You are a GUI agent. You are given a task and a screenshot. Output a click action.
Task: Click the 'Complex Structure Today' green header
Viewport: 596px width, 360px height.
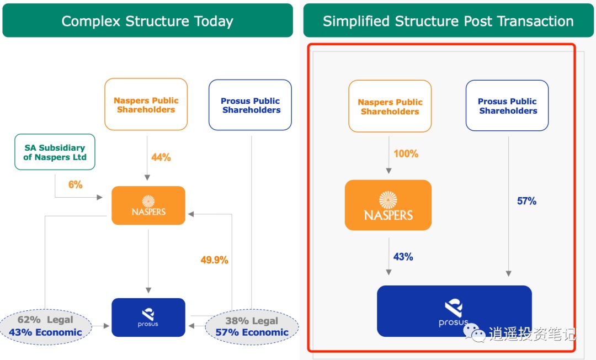tap(147, 21)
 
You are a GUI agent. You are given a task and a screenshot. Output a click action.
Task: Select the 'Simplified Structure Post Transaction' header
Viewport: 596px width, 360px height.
tap(448, 21)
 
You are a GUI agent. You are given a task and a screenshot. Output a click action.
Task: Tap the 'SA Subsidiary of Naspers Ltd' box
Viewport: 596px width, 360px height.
tap(55, 152)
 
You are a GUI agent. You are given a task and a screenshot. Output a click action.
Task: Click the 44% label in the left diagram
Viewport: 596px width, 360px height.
tap(161, 157)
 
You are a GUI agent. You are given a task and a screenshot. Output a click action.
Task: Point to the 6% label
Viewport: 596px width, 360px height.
tap(76, 185)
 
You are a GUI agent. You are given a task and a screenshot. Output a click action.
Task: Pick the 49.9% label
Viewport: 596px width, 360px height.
tap(214, 260)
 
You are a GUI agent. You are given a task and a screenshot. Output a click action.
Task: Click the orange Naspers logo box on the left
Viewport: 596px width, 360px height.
tap(148, 205)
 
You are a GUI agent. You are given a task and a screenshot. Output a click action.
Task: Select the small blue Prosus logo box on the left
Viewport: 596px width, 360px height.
tap(148, 317)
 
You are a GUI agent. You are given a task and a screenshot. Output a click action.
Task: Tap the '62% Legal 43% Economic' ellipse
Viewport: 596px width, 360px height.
tap(45, 326)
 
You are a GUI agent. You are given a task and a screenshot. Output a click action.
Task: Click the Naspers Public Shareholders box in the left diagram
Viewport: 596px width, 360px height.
tap(146, 104)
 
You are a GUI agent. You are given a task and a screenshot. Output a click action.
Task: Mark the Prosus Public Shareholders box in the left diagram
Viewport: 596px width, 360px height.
tap(250, 105)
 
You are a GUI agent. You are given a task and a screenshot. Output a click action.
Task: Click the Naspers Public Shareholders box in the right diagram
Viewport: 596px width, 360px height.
tap(390, 107)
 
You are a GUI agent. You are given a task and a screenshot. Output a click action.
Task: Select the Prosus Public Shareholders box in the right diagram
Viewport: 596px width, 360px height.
tap(507, 105)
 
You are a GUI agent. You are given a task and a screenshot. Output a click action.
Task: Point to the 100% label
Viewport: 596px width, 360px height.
tap(406, 154)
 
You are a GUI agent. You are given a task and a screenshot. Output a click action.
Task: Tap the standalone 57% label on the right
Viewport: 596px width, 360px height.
tap(526, 202)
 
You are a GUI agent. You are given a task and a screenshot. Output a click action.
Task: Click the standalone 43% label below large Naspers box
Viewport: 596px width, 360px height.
tap(403, 257)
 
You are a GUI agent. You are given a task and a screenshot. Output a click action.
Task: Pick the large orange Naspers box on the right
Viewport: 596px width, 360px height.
tap(388, 205)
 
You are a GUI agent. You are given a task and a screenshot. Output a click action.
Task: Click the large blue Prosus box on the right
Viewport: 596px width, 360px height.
tap(454, 311)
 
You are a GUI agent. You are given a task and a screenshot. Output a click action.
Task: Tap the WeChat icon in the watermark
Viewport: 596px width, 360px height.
tap(475, 332)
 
